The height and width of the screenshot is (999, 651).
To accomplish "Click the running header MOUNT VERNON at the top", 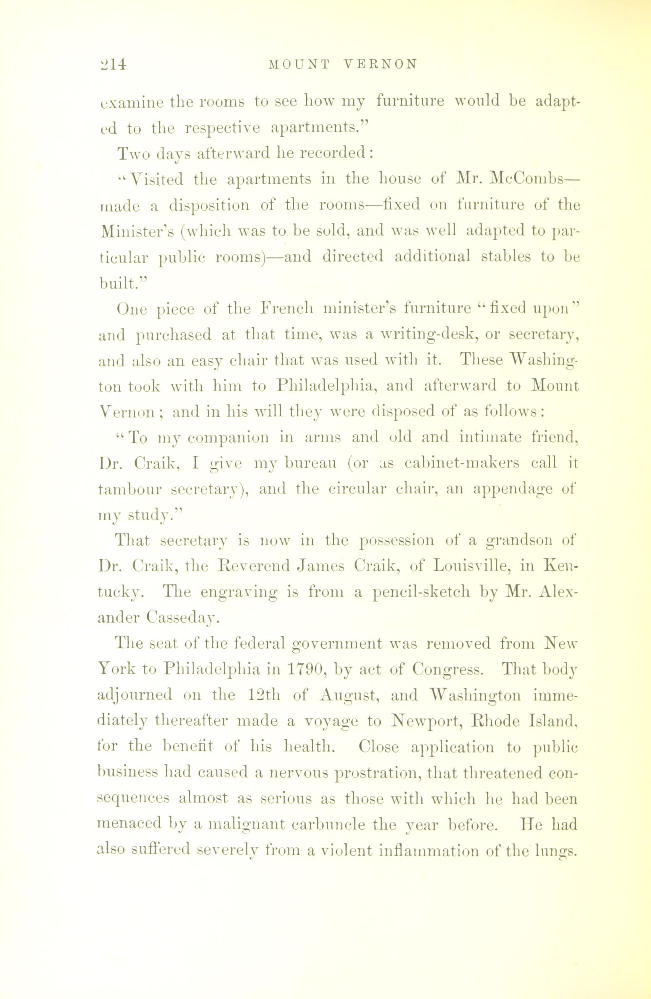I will click(x=343, y=64).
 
